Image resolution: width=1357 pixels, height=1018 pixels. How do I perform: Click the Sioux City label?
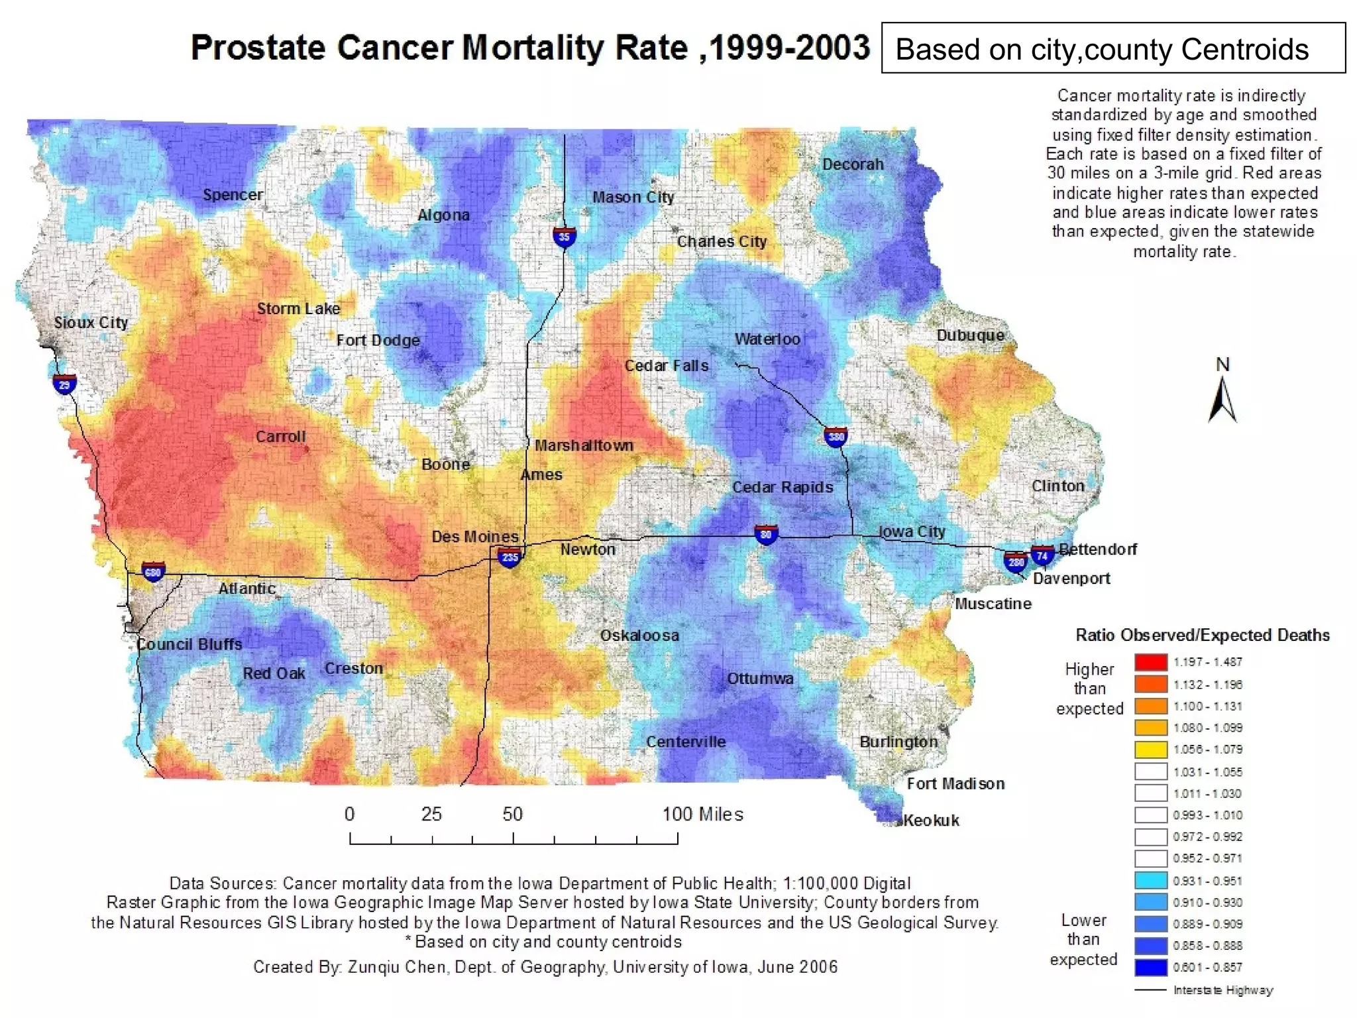point(91,323)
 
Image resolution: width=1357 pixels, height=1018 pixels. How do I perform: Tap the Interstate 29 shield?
point(64,384)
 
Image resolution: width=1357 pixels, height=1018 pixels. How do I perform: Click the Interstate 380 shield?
point(836,436)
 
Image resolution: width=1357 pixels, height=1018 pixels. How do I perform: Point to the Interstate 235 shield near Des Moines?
point(510,557)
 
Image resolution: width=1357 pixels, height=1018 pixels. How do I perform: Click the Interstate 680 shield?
point(153,572)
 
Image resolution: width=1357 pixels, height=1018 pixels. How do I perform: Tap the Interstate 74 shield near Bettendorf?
point(1042,555)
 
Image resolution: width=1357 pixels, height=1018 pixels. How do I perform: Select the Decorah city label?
point(853,164)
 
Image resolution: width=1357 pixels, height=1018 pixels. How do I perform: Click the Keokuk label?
point(931,820)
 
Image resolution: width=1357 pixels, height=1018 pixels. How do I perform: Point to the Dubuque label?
point(970,335)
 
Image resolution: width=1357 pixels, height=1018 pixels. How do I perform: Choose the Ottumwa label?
point(760,679)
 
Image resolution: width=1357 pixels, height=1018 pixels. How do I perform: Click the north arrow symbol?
point(1222,398)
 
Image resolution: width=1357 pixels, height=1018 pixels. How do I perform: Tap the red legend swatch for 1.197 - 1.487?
point(1150,662)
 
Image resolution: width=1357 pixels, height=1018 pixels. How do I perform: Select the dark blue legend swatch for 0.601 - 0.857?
point(1150,967)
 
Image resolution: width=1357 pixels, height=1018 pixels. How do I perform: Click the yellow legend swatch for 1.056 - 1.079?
point(1150,750)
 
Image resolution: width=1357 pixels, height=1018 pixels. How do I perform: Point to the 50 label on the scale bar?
point(512,814)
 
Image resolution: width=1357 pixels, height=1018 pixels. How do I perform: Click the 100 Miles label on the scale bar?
point(702,814)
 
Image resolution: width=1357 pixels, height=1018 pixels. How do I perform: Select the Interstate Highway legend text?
point(1223,990)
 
